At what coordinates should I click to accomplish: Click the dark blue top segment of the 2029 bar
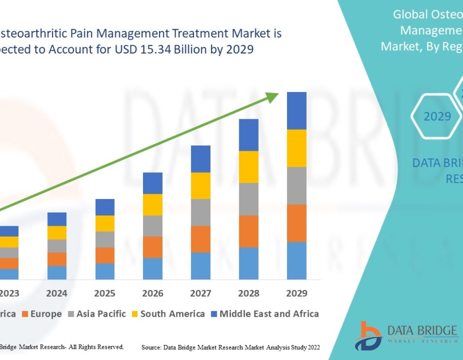click(x=296, y=111)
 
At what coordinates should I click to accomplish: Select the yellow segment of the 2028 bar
click(x=248, y=167)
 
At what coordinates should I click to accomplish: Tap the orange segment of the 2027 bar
click(x=201, y=239)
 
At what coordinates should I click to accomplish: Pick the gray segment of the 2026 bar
click(x=153, y=226)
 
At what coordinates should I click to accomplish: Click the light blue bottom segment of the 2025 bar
click(x=105, y=271)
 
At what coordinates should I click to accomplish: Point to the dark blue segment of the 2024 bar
click(x=57, y=219)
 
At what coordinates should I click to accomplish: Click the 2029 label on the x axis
click(x=296, y=294)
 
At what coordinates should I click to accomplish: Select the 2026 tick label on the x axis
click(x=153, y=294)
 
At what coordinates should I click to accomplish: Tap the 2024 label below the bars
click(x=57, y=294)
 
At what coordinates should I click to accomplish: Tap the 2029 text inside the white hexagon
click(x=437, y=117)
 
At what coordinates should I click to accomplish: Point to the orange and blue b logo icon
click(x=367, y=335)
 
